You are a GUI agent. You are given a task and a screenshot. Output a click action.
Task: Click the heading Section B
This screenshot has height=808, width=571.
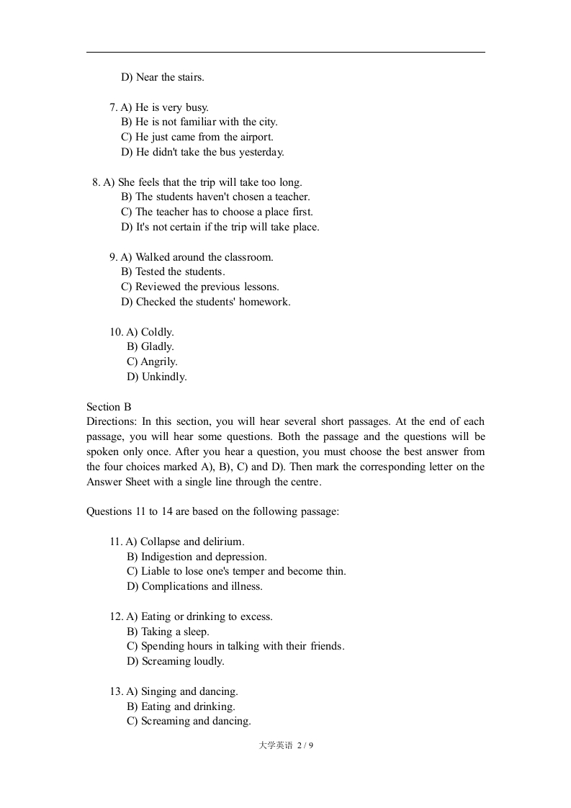[x=109, y=407]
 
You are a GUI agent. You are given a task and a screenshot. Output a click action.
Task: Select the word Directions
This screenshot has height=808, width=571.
[x=110, y=422]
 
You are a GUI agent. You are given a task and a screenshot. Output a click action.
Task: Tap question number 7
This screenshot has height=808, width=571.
[x=113, y=107]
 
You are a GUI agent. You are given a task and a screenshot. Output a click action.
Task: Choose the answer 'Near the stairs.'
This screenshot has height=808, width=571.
[x=163, y=77]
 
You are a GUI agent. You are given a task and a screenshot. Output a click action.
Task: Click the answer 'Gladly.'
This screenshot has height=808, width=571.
[x=150, y=346]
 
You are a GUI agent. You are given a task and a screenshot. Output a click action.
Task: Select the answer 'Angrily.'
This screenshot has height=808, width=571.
[x=152, y=362]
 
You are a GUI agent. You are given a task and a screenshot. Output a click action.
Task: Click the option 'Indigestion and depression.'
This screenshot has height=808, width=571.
[x=197, y=557]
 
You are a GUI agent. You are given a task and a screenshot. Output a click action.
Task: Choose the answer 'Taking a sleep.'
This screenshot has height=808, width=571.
[x=168, y=632]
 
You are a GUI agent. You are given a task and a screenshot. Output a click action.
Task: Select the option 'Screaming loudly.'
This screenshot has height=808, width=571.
[x=176, y=661]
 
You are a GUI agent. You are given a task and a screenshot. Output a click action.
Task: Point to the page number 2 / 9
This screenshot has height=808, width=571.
[x=305, y=745]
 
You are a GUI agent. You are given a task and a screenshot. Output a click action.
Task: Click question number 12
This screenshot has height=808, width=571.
[x=116, y=616]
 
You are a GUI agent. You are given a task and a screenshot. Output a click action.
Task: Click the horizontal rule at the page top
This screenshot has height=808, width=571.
[x=285, y=53]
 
